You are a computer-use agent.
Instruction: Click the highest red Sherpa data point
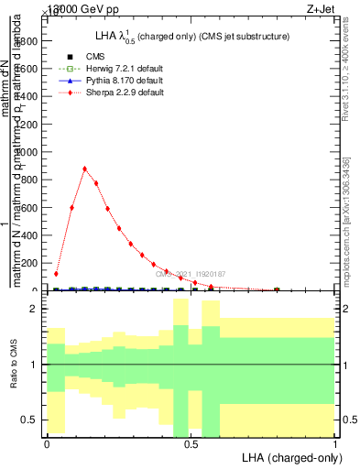[x=84, y=169]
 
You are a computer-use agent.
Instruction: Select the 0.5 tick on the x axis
[x=191, y=444]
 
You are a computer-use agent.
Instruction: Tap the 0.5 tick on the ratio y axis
[x=30, y=420]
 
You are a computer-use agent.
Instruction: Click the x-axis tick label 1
[x=334, y=444]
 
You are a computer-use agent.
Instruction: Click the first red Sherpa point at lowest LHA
[x=56, y=273]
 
